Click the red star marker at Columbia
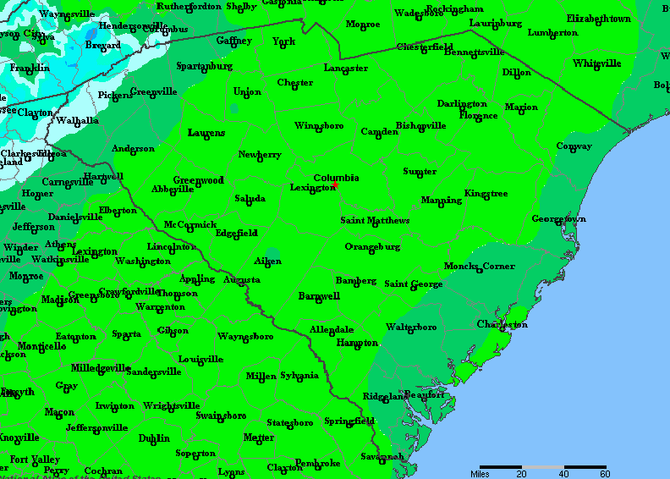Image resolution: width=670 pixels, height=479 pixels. coord(336,184)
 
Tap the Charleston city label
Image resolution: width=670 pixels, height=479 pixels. coord(502,325)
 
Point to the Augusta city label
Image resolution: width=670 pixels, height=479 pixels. coord(242,279)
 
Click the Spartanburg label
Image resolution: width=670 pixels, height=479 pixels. coord(204,66)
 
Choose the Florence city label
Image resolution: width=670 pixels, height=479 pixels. coord(478,115)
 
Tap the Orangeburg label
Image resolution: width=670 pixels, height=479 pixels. coord(372,247)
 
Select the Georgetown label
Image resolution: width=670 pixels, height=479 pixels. coord(558,219)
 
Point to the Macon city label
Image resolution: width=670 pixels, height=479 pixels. coord(59,412)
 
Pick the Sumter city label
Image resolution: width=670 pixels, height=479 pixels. coord(420,172)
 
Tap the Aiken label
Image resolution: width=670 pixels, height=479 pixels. coord(267,262)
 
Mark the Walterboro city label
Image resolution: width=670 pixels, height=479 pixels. coord(411,327)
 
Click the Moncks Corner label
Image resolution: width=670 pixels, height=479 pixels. coord(480,267)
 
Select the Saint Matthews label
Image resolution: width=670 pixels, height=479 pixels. coord(375,221)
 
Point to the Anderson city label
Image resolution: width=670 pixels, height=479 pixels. coord(134,149)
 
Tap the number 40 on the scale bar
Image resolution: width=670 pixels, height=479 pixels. coord(564,474)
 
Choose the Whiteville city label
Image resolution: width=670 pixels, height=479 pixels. coord(596,63)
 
